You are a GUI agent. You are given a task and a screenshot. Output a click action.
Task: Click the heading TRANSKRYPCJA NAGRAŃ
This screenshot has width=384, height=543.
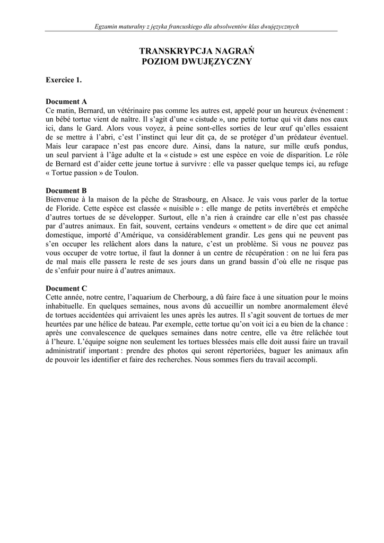coord(197,51)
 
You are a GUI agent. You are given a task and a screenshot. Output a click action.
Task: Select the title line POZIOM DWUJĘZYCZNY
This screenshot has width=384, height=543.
coord(197,62)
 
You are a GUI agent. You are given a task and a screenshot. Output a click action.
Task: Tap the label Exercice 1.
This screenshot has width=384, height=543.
coord(64,80)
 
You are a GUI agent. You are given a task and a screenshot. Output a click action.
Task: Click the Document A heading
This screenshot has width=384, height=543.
coord(66,101)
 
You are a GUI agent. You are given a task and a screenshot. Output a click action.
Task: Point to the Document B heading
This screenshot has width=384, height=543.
coord(66,190)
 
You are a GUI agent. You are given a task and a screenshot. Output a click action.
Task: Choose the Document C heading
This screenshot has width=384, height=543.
coord(66,288)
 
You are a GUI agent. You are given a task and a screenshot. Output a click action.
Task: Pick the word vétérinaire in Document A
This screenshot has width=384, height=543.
coord(135,110)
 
